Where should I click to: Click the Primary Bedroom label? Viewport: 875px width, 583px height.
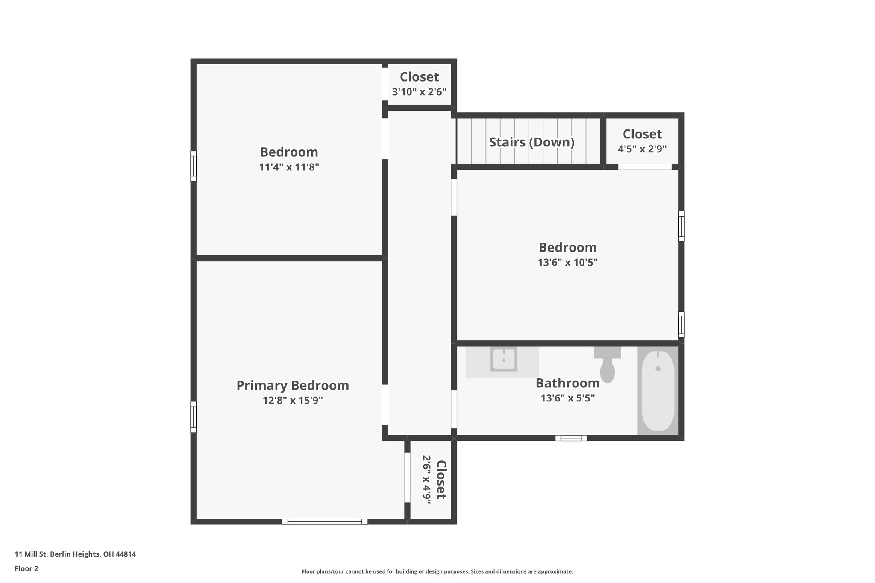(x=293, y=386)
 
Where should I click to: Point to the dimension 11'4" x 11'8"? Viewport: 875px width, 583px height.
(x=289, y=167)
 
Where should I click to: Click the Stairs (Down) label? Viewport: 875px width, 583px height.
(x=531, y=142)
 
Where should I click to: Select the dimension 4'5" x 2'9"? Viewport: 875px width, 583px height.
(x=642, y=149)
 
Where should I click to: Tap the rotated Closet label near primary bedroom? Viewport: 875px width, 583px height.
(x=440, y=480)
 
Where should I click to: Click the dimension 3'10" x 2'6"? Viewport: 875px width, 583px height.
(x=419, y=92)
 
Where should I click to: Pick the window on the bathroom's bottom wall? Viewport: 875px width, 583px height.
(x=571, y=438)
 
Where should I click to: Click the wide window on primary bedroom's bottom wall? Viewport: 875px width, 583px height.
(x=325, y=521)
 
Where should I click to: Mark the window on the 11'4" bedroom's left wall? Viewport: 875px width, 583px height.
(x=193, y=166)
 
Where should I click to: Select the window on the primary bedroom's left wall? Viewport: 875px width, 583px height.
(x=193, y=417)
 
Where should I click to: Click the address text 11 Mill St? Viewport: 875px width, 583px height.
(x=75, y=554)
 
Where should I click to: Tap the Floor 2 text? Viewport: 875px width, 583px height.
(x=26, y=569)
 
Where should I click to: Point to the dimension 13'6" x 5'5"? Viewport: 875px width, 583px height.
(x=567, y=398)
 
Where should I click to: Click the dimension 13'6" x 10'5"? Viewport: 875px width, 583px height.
(x=567, y=263)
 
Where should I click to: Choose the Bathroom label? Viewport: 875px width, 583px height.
(x=567, y=384)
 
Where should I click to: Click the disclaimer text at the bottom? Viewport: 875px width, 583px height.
(x=437, y=571)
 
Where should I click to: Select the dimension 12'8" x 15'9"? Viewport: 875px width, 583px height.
(x=293, y=401)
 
